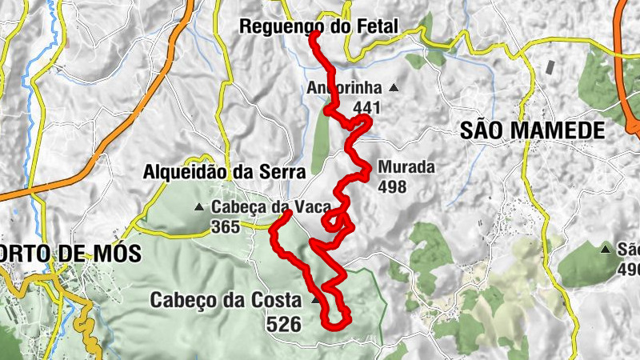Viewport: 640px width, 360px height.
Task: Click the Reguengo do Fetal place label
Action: [318, 26]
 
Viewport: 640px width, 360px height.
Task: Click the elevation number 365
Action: [226, 227]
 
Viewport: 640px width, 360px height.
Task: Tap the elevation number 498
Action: [393, 187]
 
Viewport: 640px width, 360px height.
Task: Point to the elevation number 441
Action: [364, 107]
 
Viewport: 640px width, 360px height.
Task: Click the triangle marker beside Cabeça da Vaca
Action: [198, 207]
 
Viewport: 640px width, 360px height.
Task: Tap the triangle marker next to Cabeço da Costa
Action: [315, 302]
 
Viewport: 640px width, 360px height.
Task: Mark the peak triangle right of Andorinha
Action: [393, 87]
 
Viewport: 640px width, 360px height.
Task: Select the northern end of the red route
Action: [312, 34]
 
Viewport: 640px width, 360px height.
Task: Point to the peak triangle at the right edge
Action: [606, 249]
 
